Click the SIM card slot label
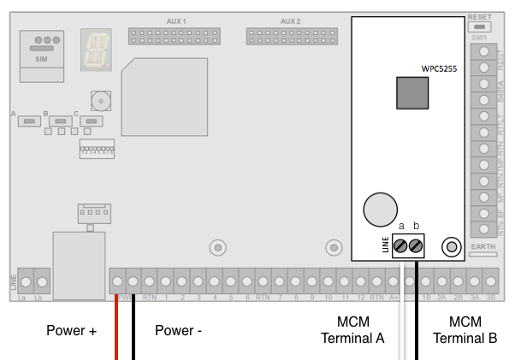pyautogui.click(x=40, y=60)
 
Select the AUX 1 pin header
pyautogui.click(x=174, y=36)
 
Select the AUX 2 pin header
pyautogui.click(x=291, y=36)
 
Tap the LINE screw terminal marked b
pyautogui.click(x=417, y=246)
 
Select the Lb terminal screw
pyautogui.click(x=42, y=280)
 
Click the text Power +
pyautogui.click(x=71, y=330)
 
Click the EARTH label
pyautogui.click(x=481, y=248)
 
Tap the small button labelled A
pyautogui.click(x=30, y=121)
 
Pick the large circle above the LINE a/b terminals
pyautogui.click(x=380, y=209)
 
